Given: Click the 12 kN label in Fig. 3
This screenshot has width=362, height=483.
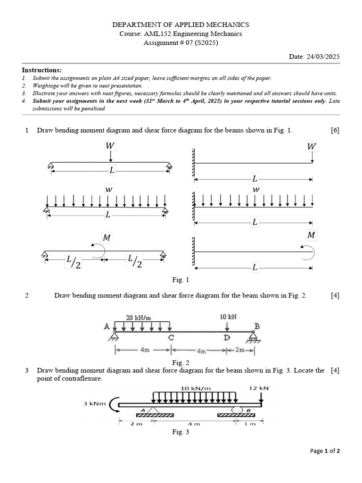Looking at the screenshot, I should tap(258, 388).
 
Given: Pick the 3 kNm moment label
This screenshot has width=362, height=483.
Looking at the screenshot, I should tap(94, 403).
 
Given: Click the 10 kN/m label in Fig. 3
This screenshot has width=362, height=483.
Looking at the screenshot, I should tap(195, 388).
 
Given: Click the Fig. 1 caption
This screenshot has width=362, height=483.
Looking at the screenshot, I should tap(181, 280).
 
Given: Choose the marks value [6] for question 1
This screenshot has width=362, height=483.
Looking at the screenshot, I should tap(335, 130).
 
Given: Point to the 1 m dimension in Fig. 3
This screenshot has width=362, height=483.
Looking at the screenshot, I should tap(251, 424).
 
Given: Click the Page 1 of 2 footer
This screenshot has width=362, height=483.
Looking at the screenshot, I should tap(325, 450).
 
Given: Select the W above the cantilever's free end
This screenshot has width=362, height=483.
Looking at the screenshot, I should tap(312, 147).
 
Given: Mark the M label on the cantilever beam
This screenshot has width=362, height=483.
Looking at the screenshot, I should tap(312, 235).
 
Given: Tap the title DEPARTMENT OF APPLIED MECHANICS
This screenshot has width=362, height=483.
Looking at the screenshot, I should tap(181, 25).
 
